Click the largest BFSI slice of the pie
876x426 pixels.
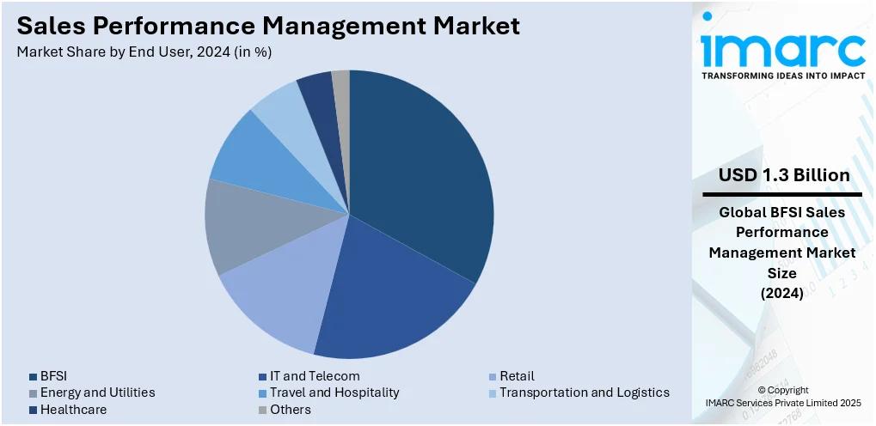click(421, 172)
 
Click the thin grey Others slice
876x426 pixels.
click(341, 86)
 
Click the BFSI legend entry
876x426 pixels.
click(53, 376)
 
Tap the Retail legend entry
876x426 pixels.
click(517, 376)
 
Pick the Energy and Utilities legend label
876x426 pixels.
click(97, 393)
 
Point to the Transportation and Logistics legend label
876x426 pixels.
click(584, 393)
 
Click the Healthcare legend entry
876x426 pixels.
click(73, 410)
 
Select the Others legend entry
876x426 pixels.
click(290, 410)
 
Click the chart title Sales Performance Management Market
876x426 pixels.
click(268, 26)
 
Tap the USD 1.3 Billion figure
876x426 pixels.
click(784, 176)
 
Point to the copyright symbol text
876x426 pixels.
click(783, 390)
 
